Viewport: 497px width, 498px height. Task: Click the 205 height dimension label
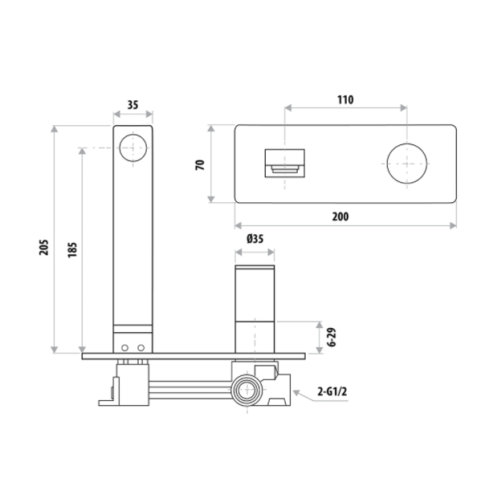[x=44, y=248]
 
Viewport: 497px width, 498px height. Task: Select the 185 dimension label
[x=72, y=249]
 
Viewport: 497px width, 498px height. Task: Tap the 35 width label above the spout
[x=133, y=105]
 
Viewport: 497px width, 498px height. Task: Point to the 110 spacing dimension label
[x=345, y=99]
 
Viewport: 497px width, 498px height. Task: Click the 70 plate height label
[x=200, y=165]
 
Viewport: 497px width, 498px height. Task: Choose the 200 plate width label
[x=340, y=217]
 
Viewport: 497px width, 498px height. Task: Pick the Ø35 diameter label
[x=255, y=238]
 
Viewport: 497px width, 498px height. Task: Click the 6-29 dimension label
[x=332, y=338]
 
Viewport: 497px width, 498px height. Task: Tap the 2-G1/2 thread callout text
[x=332, y=391]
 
